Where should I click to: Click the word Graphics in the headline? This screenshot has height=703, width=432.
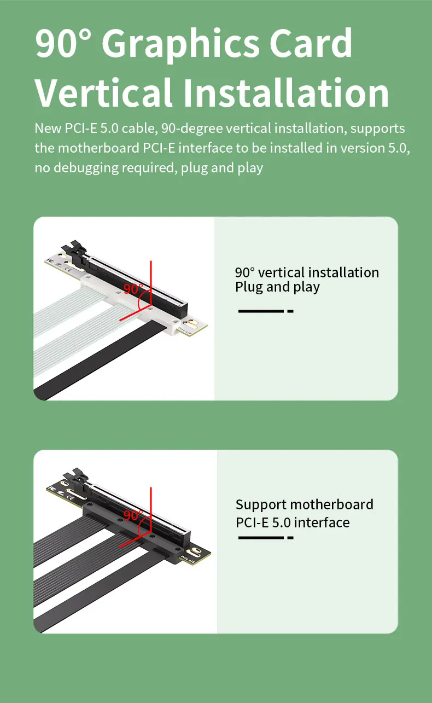[180, 45]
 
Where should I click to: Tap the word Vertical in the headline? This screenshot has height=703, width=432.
[103, 93]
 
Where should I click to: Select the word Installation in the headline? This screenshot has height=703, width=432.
[286, 93]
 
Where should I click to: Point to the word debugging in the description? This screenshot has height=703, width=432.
[86, 168]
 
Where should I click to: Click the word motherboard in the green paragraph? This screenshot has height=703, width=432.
[99, 148]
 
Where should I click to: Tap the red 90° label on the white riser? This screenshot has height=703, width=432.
[133, 289]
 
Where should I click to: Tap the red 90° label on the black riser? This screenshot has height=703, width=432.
[133, 515]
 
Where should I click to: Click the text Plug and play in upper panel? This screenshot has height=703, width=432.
[277, 287]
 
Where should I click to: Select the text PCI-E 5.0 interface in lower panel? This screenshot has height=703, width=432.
[293, 522]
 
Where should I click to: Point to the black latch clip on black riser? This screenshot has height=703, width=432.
[75, 478]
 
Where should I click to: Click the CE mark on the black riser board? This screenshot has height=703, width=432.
[71, 497]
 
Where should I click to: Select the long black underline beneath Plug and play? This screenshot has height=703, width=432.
[261, 311]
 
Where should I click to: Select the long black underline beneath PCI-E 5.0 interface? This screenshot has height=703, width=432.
[261, 538]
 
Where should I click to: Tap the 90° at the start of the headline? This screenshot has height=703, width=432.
[63, 43]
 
